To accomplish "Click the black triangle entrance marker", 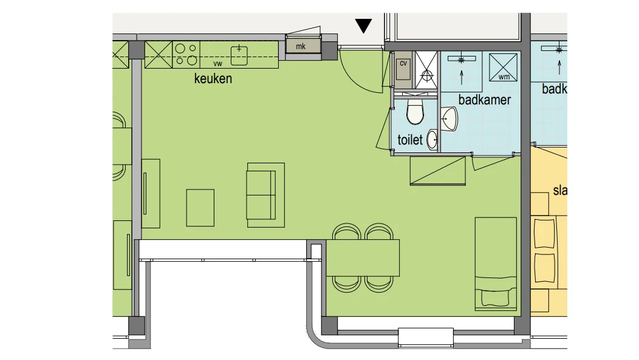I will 363,26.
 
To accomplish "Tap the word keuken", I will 213,79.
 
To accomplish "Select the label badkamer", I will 484,100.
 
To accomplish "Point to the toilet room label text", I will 409,140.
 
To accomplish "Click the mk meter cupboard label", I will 300,47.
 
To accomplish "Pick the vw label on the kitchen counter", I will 217,63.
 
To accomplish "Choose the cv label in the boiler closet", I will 403,63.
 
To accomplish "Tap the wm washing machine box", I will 504,66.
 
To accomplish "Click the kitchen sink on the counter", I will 241,54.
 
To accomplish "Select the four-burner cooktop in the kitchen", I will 186,53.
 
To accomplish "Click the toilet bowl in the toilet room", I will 415,112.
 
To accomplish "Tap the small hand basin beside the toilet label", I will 432,139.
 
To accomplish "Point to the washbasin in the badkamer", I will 449,118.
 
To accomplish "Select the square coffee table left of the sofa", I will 200,208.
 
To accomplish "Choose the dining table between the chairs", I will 363,258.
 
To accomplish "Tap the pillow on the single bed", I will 495,297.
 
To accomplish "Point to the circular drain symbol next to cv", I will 426,76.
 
